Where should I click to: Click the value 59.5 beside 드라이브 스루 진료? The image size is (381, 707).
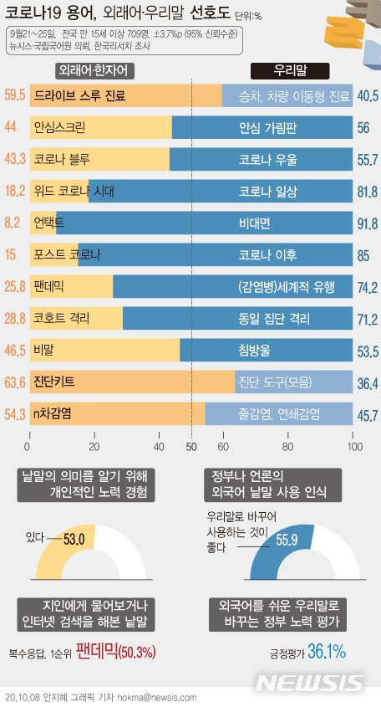(13, 96)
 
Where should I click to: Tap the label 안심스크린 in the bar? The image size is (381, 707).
(58, 128)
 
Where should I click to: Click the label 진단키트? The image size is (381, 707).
(53, 358)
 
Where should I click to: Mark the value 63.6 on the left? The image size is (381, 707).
(13, 359)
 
